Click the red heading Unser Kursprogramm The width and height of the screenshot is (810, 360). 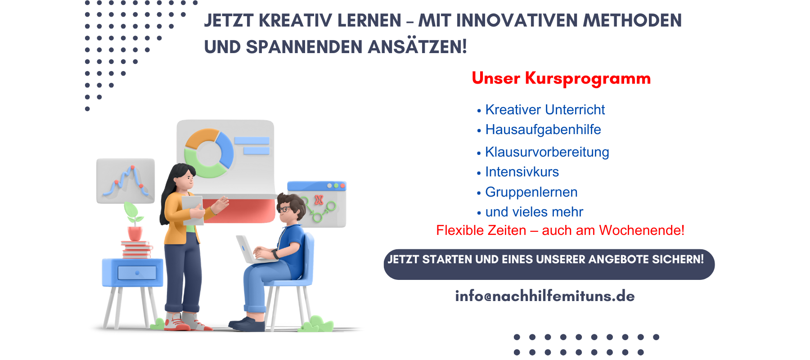(561, 79)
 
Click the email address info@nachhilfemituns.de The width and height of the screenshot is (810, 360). (545, 296)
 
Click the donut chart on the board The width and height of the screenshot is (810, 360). (209, 153)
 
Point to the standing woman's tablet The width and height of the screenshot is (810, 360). (193, 210)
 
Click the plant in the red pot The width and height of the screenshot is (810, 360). (134, 221)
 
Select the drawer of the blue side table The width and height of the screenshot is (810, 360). (137, 273)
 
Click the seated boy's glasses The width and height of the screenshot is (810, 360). (284, 209)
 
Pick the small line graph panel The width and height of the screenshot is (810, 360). (126, 181)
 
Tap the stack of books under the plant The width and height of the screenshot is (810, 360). (136, 250)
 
